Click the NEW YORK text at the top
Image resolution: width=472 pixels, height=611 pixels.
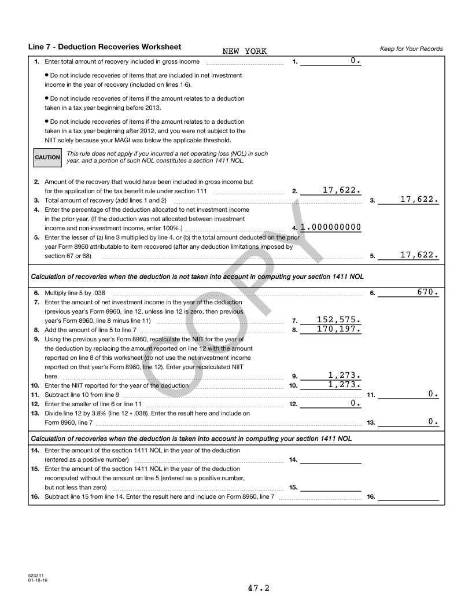244,51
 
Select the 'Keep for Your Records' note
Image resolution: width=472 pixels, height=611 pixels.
411,49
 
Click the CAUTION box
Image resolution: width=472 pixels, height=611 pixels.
47,157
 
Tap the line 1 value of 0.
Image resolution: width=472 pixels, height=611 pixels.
356,61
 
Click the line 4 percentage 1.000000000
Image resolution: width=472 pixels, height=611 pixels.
331,227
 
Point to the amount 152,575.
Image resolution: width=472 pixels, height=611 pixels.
340,320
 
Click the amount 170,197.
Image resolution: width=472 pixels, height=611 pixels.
340,329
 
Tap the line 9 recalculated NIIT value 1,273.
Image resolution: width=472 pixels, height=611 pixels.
345,375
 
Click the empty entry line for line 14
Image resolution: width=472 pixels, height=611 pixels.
331,459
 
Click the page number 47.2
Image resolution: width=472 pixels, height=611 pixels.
259,588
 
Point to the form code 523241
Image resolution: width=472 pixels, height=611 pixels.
35,576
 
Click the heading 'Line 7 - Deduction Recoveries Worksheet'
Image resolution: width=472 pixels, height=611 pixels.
104,47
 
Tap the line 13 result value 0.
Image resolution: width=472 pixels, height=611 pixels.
433,422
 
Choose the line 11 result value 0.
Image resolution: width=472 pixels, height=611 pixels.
433,394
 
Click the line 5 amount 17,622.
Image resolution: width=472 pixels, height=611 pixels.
419,255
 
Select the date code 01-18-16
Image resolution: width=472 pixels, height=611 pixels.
37,580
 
